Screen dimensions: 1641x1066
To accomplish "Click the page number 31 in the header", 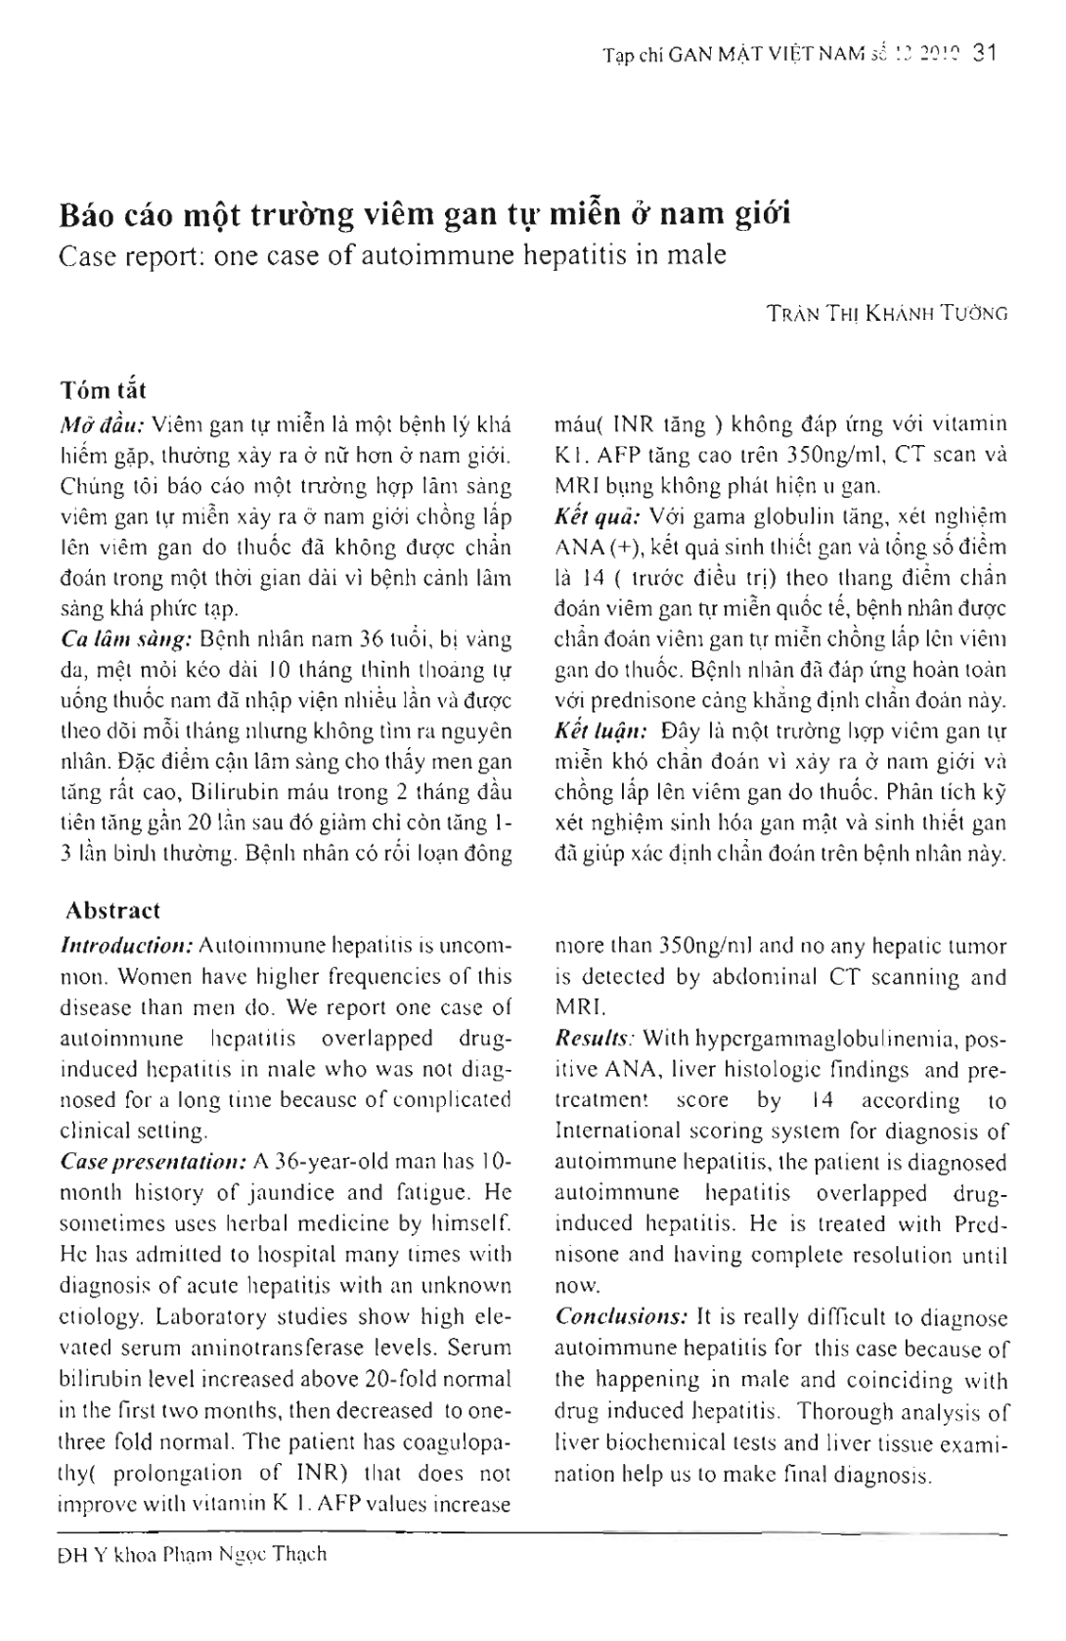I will (x=983, y=55).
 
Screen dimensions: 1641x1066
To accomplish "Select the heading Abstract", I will (x=111, y=910).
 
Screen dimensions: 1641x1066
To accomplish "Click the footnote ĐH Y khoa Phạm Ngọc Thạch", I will (x=192, y=1554).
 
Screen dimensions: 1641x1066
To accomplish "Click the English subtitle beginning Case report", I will (x=392, y=255).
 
